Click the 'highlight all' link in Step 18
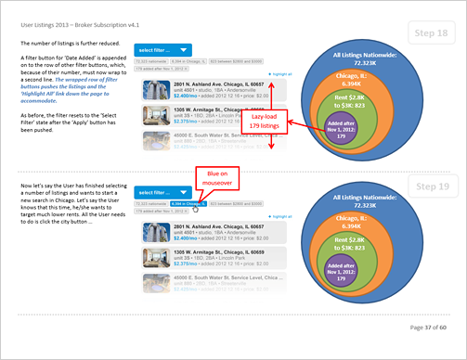[279, 71]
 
